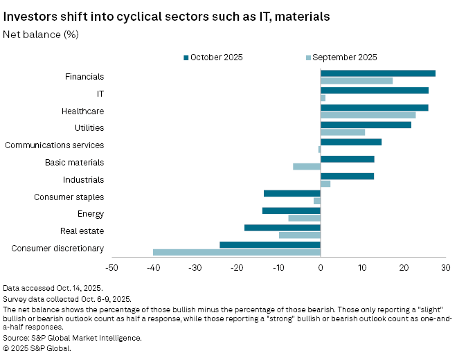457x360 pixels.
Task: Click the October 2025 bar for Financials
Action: pyautogui.click(x=377, y=73)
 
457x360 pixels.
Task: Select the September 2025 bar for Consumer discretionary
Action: pyautogui.click(x=236, y=252)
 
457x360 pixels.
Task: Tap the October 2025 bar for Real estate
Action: pyautogui.click(x=282, y=227)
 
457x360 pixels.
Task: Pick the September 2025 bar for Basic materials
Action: pyautogui.click(x=307, y=167)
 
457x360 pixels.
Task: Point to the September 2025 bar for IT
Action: pyautogui.click(x=323, y=98)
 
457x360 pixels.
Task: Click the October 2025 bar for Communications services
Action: pyautogui.click(x=350, y=142)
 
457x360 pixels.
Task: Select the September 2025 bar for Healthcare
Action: pyautogui.click(x=368, y=115)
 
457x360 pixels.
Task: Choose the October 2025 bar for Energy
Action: pyautogui.click(x=291, y=210)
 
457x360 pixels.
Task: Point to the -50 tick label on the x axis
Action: pyautogui.click(x=111, y=268)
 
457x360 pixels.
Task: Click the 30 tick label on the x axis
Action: pyautogui.click(x=445, y=268)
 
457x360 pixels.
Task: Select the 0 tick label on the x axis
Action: pyautogui.click(x=321, y=268)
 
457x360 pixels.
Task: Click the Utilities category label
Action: pyautogui.click(x=89, y=128)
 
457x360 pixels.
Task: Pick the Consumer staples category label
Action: pyautogui.click(x=69, y=197)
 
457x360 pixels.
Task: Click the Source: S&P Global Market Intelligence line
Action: pyautogui.click(x=72, y=338)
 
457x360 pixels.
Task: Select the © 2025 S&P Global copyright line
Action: pyautogui.click(x=37, y=348)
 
